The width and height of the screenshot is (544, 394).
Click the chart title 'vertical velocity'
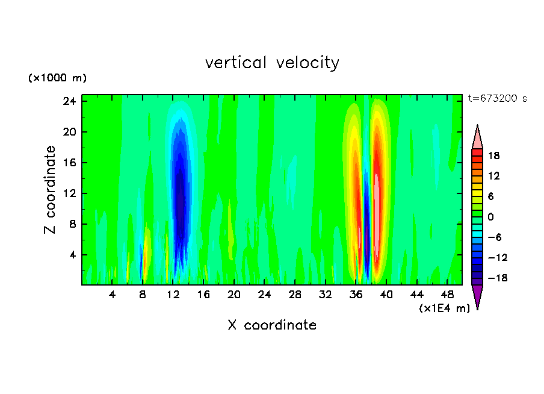[x=272, y=63]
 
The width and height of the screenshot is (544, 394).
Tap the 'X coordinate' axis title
[x=272, y=325]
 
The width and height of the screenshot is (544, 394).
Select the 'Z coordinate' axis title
[x=51, y=190]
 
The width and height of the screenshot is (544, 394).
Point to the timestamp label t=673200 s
[x=497, y=98]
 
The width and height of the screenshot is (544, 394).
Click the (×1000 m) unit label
[x=57, y=78]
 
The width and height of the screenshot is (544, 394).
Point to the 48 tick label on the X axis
[x=447, y=295]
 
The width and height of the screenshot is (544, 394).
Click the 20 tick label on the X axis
[x=234, y=295]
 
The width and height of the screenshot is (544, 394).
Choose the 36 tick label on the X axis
[x=356, y=295]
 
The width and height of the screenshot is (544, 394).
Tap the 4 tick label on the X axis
[x=113, y=295]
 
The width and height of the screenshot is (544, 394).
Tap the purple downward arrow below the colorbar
[x=477, y=296]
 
